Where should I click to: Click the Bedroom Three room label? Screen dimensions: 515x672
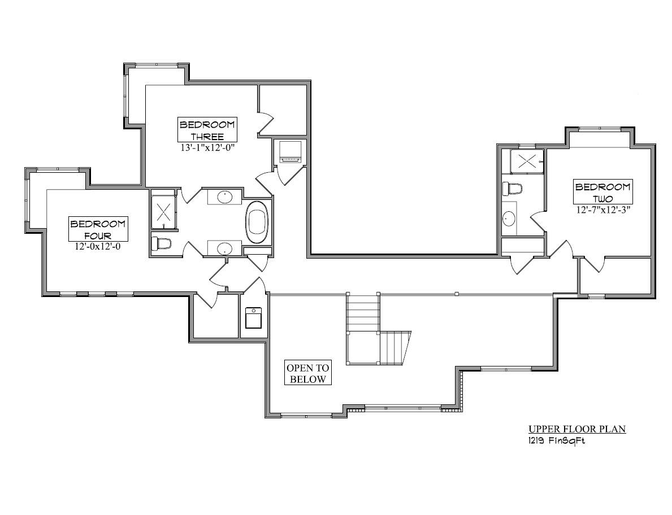coord(207,130)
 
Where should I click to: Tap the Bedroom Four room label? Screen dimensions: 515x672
coord(98,229)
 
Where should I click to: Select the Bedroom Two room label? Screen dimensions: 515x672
coord(602,193)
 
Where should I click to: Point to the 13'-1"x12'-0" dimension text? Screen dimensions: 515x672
coord(207,148)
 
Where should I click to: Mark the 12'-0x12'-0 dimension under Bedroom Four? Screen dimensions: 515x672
coord(98,247)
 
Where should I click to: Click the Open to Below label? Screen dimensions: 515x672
coord(308,373)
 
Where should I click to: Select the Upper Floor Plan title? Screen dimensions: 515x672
coord(576,429)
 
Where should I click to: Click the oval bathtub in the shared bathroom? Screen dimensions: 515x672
coord(258,222)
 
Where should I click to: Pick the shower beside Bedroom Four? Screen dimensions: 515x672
coord(163,212)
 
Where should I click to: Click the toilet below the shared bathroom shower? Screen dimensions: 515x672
coord(162,243)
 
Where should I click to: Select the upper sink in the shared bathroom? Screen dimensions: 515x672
coord(224,197)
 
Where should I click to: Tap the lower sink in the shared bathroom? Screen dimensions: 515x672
coord(224,248)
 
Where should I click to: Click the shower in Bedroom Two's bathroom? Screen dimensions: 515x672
coord(526,161)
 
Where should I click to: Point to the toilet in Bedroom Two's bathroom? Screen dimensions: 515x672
coord(514,187)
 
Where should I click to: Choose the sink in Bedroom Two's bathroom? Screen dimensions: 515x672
coord(509,218)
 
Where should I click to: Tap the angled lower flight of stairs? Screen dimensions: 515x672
coord(394,348)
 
